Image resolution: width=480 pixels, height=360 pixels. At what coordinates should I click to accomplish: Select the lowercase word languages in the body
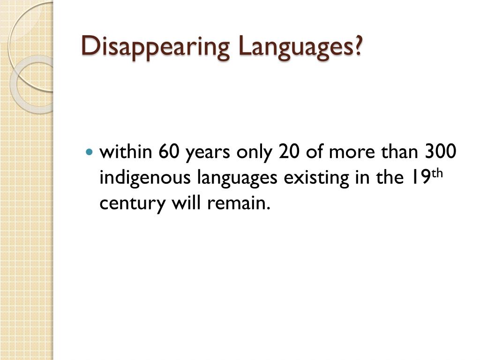(x=227, y=178)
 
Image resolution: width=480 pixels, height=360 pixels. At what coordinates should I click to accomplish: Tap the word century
(x=127, y=204)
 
